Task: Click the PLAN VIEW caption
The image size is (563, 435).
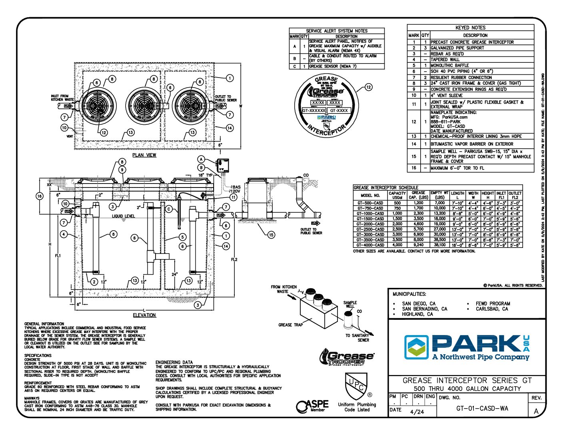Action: (x=144, y=155)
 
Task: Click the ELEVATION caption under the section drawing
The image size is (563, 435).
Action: (x=144, y=315)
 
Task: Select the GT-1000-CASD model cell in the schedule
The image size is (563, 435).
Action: (x=370, y=214)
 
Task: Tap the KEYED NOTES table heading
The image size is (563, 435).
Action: (x=470, y=28)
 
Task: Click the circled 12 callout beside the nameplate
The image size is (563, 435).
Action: (x=368, y=87)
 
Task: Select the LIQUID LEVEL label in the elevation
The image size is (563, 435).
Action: (x=124, y=216)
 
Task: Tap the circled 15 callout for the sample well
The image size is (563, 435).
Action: (x=271, y=235)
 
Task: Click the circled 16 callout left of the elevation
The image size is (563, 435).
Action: (x=39, y=196)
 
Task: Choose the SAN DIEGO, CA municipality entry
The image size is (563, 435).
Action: (x=419, y=304)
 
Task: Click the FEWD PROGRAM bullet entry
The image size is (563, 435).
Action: (x=493, y=304)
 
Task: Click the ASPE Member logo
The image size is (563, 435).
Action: (x=312, y=406)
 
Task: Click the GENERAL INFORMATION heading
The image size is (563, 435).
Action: (x=44, y=324)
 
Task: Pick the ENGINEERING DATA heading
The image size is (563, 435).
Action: (x=174, y=362)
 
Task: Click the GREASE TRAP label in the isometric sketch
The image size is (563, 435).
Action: (x=290, y=325)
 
